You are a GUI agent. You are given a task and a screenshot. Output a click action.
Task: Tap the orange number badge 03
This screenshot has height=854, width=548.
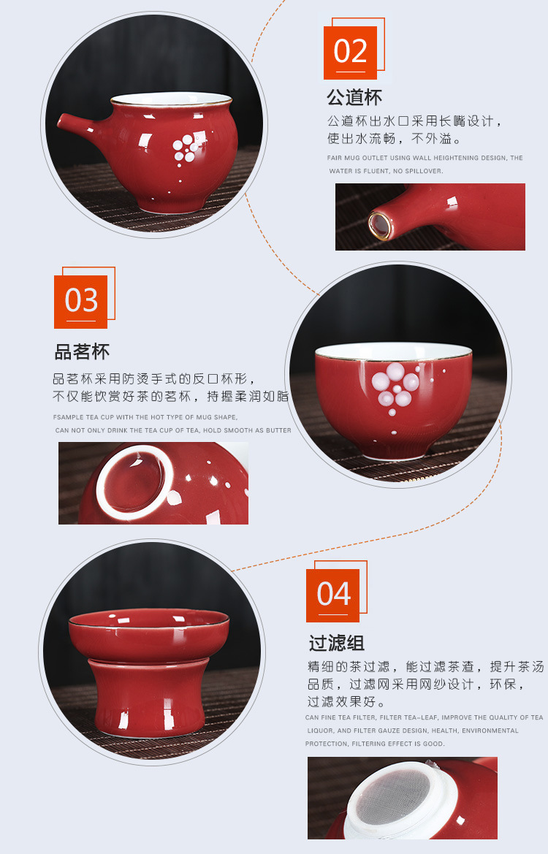coord(81,302)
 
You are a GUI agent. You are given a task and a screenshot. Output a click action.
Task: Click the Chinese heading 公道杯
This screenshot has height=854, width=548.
coord(354,98)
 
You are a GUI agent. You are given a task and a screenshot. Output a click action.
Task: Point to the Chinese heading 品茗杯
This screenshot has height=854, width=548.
coord(82,352)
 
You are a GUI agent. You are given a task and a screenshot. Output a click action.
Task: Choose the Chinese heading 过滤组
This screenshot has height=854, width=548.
coord(336,644)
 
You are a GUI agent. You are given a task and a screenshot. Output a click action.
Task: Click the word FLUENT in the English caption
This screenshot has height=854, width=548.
coord(370,171)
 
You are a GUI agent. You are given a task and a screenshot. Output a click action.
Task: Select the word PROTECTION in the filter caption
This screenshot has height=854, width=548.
coord(327,744)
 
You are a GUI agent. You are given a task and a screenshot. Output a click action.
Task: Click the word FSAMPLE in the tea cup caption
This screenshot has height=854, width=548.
coord(68,417)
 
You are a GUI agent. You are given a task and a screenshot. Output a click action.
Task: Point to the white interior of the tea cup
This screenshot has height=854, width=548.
coord(395,351)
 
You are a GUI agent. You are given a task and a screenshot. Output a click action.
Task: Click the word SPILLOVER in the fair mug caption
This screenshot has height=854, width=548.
coord(424,171)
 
